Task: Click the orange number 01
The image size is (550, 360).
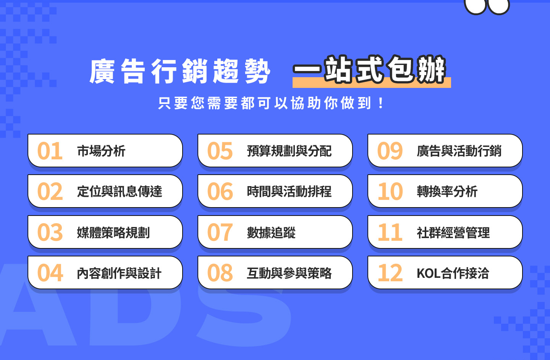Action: [50, 151]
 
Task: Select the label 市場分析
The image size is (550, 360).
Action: [101, 151]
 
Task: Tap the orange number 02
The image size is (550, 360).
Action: [50, 191]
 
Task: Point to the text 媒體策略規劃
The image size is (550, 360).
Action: [113, 232]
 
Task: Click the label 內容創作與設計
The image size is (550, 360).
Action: [119, 273]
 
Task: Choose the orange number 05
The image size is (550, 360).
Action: [220, 151]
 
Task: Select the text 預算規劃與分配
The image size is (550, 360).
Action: [289, 151]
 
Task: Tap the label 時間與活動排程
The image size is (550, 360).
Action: [289, 191]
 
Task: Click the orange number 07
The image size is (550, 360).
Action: [220, 232]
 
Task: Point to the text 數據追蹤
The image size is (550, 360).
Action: [271, 232]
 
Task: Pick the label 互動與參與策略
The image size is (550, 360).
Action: [289, 273]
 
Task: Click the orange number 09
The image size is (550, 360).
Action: [390, 151]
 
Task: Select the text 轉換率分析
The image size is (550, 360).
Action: [447, 191]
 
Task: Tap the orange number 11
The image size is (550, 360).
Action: [390, 232]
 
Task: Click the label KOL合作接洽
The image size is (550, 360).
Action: [453, 273]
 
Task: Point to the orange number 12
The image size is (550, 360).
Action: [390, 273]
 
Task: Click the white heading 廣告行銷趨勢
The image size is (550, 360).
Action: [180, 71]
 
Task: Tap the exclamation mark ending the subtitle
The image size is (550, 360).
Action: [381, 103]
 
